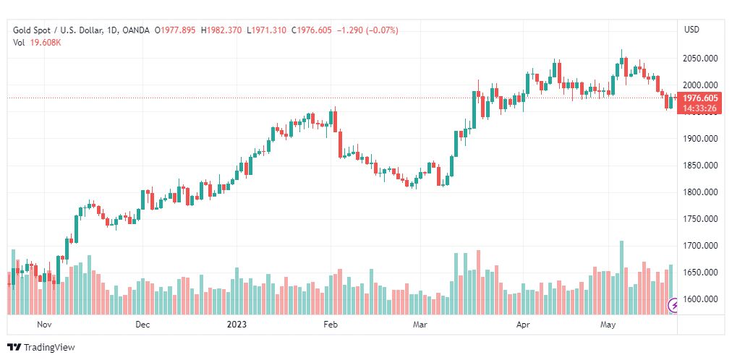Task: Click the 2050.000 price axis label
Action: pos(700,59)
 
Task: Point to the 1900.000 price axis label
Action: pos(700,139)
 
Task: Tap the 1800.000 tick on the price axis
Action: pos(700,192)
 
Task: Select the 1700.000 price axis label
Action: pos(700,246)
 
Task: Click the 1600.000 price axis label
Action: pos(700,299)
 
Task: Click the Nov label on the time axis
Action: pos(45,325)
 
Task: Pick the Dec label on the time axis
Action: pos(142,325)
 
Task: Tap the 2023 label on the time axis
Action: pos(237,325)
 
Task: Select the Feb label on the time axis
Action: pos(331,325)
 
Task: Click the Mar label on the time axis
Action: pos(420,325)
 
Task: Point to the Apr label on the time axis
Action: pos(523,325)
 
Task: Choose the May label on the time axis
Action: pos(608,325)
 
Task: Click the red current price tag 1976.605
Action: pos(700,98)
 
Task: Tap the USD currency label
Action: pos(691,30)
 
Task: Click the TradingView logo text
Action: pos(48,348)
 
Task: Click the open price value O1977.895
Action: pos(176,30)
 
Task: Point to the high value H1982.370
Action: pos(222,30)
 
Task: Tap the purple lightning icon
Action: pos(674,306)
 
